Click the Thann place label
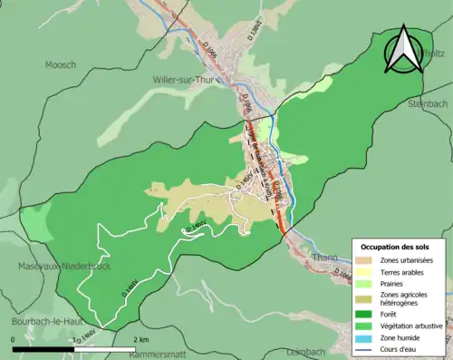click(325, 258)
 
